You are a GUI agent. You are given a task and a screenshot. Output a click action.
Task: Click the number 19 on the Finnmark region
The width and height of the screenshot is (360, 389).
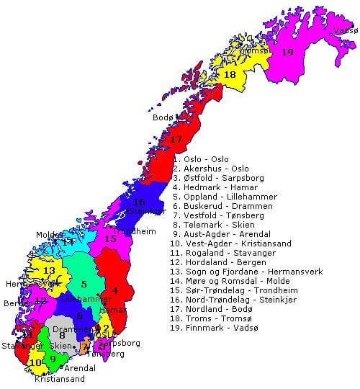click(x=287, y=52)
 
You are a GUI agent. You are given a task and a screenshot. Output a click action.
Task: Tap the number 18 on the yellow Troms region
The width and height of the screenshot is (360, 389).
click(x=230, y=74)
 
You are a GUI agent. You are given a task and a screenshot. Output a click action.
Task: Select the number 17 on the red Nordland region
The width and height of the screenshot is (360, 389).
click(x=176, y=139)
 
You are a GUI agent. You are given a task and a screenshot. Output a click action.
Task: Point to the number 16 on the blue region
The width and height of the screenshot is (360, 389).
click(x=140, y=202)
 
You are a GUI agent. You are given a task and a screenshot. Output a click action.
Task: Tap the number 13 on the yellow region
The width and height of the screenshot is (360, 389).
click(x=49, y=270)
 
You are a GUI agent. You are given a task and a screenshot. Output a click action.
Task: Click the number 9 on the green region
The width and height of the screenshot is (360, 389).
click(x=52, y=358)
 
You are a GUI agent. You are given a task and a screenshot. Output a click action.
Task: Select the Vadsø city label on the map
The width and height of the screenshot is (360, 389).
click(x=346, y=31)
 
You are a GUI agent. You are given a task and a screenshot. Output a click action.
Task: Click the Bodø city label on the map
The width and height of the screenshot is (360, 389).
click(x=163, y=117)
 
